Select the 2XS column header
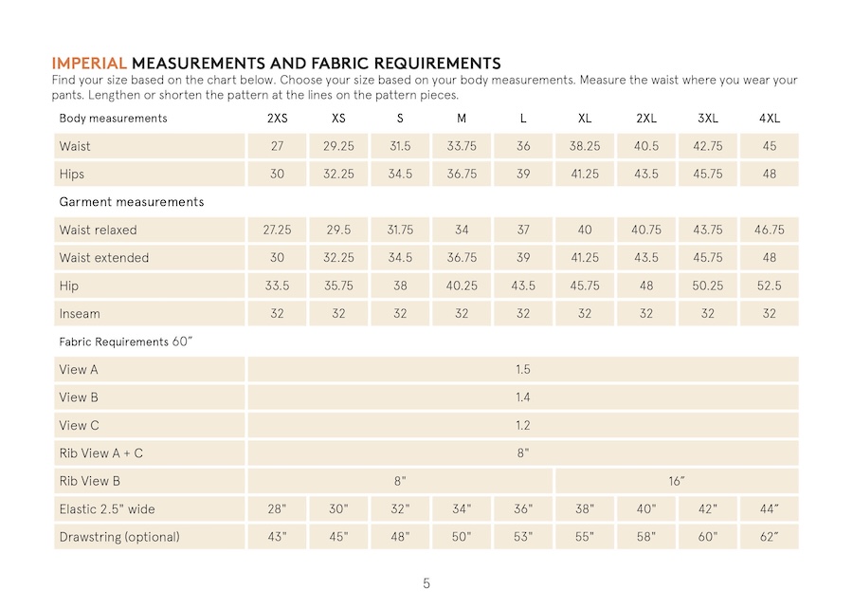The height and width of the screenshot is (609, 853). pyautogui.click(x=277, y=119)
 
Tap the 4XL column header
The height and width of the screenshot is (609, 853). pyautogui.click(x=770, y=119)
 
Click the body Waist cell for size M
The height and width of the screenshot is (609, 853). pyautogui.click(x=462, y=147)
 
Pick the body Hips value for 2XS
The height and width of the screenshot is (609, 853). pyautogui.click(x=277, y=175)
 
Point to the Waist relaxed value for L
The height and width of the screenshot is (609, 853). pyautogui.click(x=523, y=230)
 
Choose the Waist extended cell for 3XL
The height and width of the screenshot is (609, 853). pyautogui.click(x=708, y=258)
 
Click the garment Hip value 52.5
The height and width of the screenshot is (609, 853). pyautogui.click(x=770, y=286)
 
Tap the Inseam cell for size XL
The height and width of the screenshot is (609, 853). pyautogui.click(x=585, y=314)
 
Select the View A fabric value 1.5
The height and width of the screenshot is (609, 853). pyautogui.click(x=523, y=370)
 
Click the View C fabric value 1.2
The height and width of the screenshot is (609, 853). pyautogui.click(x=523, y=426)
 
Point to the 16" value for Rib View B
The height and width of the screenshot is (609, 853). pyautogui.click(x=677, y=482)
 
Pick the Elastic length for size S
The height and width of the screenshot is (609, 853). pyautogui.click(x=400, y=509)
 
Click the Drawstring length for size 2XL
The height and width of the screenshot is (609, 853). pyautogui.click(x=646, y=537)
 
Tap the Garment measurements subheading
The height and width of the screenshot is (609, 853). pyautogui.click(x=131, y=202)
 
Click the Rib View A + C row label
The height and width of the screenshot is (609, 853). pyautogui.click(x=100, y=453)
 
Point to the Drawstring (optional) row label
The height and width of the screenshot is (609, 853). pyautogui.click(x=118, y=537)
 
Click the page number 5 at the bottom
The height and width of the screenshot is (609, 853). pyautogui.click(x=426, y=583)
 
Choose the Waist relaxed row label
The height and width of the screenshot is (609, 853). pyautogui.click(x=98, y=230)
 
